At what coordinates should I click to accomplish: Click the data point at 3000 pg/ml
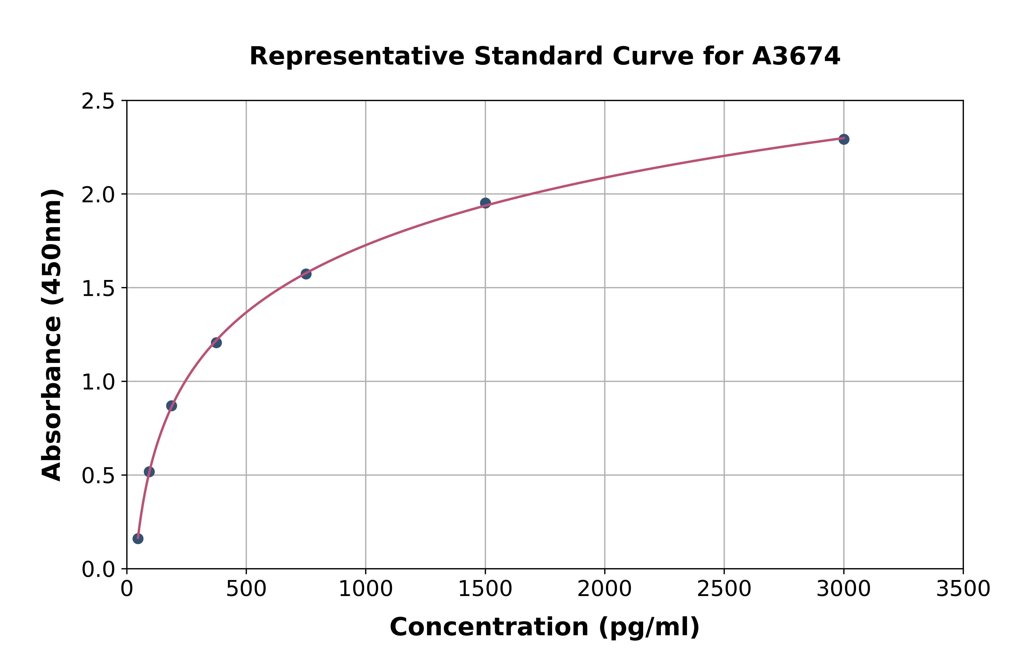click(843, 139)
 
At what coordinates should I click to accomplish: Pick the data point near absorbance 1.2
click(216, 343)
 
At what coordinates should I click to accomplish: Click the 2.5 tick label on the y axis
click(98, 102)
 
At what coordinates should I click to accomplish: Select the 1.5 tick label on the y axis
click(98, 289)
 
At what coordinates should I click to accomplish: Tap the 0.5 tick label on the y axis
click(98, 476)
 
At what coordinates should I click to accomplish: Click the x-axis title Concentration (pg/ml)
click(545, 627)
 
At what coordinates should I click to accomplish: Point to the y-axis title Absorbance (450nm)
click(52, 335)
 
